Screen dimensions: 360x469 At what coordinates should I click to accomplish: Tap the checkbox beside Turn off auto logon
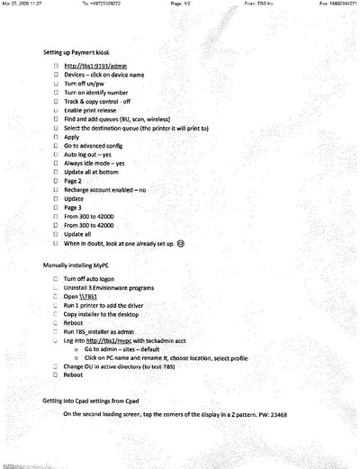point(56,281)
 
